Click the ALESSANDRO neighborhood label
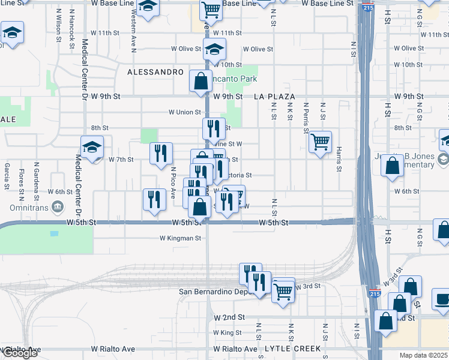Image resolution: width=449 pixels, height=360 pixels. tap(155, 72)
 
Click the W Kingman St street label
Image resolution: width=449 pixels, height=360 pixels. tap(180, 238)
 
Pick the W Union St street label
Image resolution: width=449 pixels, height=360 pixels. tap(184, 112)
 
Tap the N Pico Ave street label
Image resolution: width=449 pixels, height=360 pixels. tap(172, 183)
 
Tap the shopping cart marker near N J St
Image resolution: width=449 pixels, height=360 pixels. tap(321, 142)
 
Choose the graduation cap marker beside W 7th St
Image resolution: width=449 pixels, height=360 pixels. tap(92, 146)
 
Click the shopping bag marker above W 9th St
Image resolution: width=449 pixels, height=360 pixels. tap(200, 81)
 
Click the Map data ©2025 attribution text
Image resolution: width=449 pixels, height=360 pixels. tap(424, 355)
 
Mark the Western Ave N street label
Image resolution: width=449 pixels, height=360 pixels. tap(133, 37)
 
